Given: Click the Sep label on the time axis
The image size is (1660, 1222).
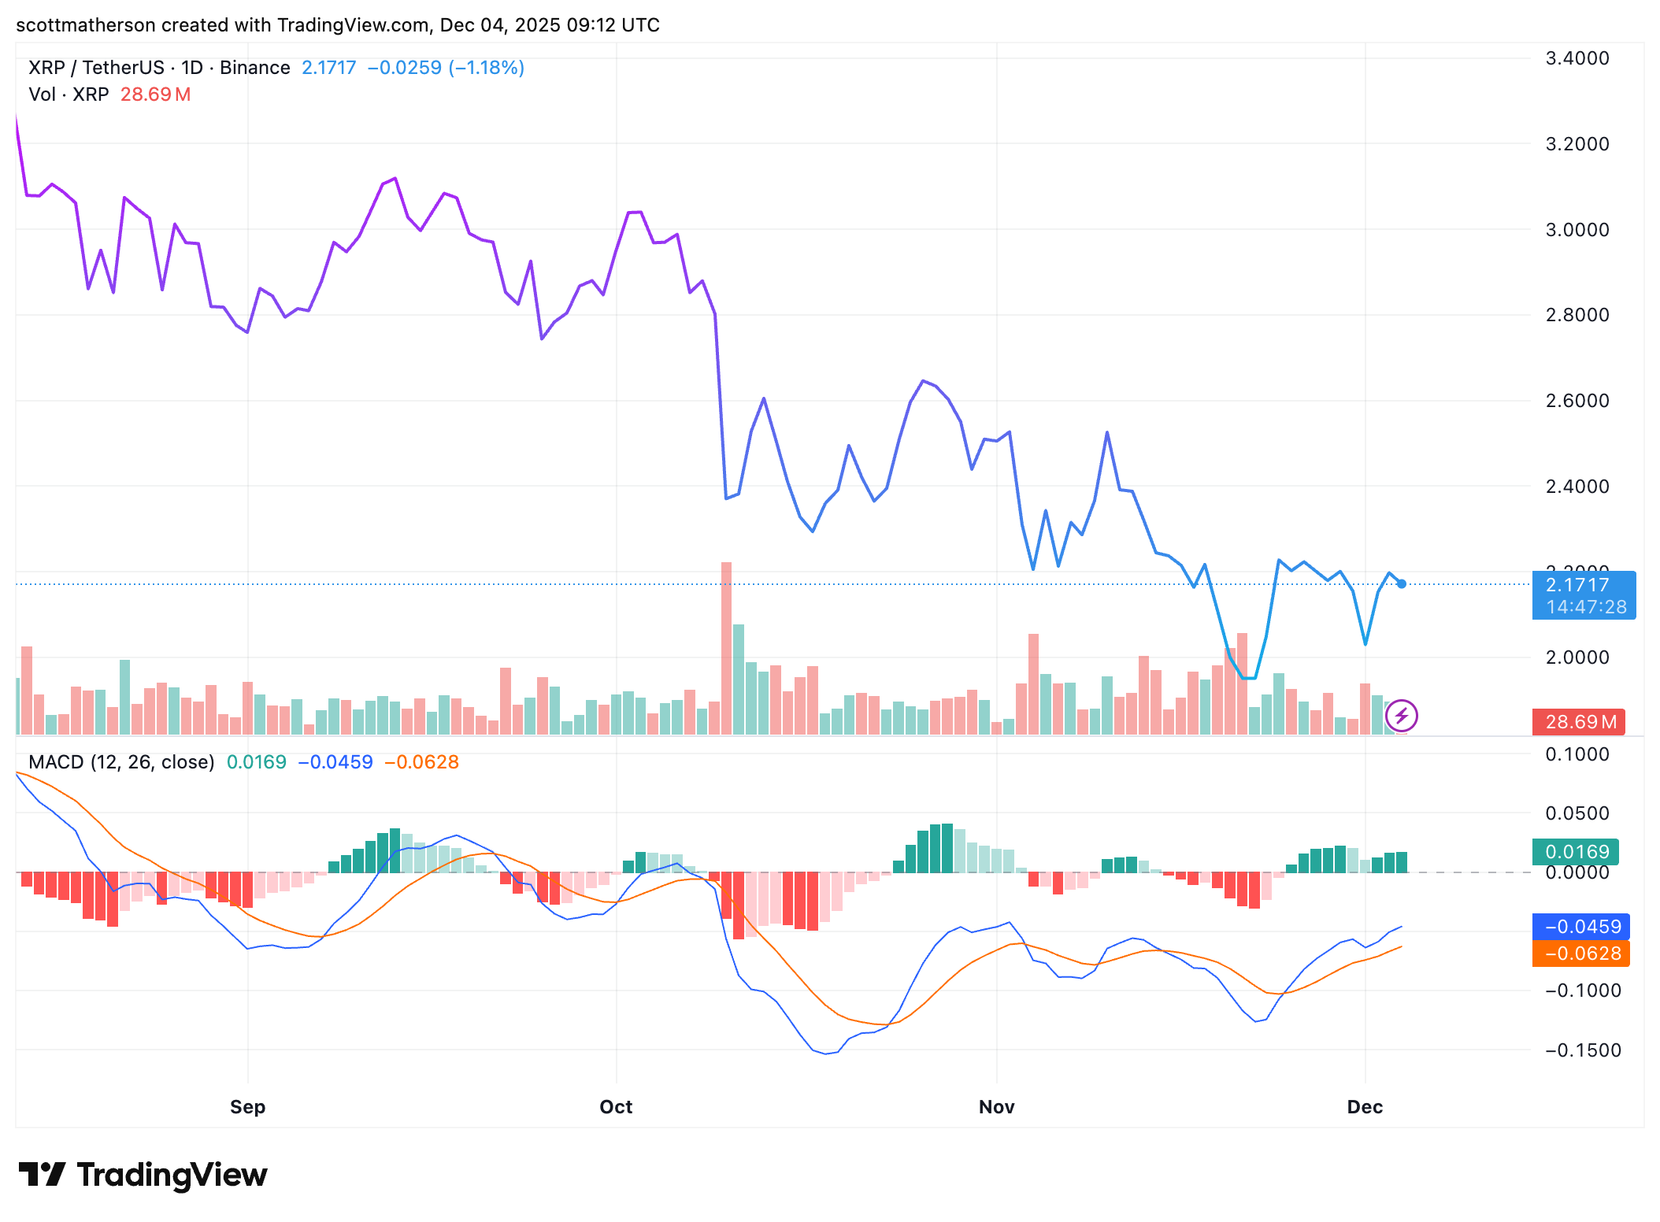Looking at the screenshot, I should (x=247, y=1107).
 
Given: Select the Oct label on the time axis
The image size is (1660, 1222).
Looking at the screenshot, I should (x=616, y=1107).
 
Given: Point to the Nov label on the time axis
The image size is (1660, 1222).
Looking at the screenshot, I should (x=996, y=1107).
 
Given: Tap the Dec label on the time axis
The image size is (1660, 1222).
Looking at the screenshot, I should (x=1365, y=1107).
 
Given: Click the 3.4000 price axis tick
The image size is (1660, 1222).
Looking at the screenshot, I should (x=1577, y=58).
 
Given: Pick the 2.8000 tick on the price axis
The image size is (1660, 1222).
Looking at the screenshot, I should (x=1577, y=315).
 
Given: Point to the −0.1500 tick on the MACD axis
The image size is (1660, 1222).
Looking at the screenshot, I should (x=1583, y=1050).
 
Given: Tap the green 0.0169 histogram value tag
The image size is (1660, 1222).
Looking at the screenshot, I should (x=1575, y=852).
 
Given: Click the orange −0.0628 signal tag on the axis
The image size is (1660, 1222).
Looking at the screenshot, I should (x=1580, y=954).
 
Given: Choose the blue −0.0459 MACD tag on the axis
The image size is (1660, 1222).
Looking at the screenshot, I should (x=1580, y=927).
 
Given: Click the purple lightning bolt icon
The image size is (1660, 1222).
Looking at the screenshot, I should (x=1402, y=716).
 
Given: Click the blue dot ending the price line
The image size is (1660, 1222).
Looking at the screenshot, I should (x=1402, y=584).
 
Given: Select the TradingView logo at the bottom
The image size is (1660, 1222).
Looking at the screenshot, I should (x=143, y=1175).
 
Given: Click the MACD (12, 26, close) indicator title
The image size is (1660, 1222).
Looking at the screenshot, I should (x=121, y=762).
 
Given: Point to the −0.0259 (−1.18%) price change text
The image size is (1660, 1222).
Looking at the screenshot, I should (x=446, y=68).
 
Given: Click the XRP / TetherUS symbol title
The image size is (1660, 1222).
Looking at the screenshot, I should (x=96, y=68).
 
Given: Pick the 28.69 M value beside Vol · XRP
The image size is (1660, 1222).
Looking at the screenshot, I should (x=155, y=94).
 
